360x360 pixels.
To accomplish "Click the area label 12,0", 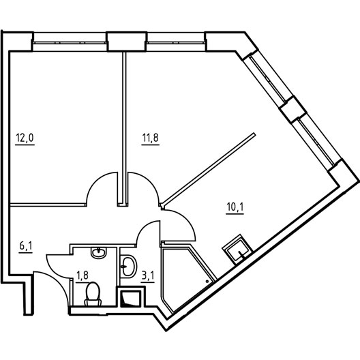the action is click(x=25, y=138).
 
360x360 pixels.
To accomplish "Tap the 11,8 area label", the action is click(x=151, y=138).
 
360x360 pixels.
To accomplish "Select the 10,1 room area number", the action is click(x=235, y=207).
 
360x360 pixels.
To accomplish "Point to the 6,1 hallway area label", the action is click(x=26, y=246).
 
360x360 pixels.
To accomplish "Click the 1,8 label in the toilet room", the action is click(x=82, y=275).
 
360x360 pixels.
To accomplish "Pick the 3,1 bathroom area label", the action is click(x=148, y=275).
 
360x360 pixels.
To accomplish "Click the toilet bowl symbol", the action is click(x=93, y=294).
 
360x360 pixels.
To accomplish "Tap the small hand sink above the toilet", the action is click(x=99, y=252).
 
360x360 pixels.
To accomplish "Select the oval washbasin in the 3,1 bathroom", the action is click(x=128, y=267).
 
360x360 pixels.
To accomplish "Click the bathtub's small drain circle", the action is click(x=207, y=281).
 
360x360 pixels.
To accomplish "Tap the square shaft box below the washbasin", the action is click(x=131, y=297).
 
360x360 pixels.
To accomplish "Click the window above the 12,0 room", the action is click(x=70, y=42).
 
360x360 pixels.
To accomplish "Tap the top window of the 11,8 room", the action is click(x=176, y=42).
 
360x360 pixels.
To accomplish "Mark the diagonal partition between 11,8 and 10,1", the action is click(x=208, y=168).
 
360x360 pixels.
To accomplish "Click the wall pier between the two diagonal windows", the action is click(x=293, y=109).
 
